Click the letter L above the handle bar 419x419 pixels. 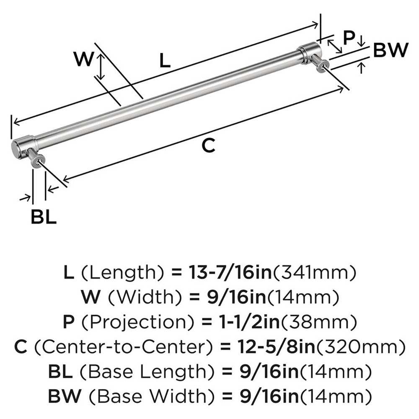(x=165, y=62)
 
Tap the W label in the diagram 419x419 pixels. (x=83, y=59)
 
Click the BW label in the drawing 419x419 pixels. (x=390, y=51)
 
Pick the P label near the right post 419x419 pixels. (x=349, y=39)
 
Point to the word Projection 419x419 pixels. (x=125, y=322)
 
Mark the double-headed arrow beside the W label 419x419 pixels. (x=100, y=67)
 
